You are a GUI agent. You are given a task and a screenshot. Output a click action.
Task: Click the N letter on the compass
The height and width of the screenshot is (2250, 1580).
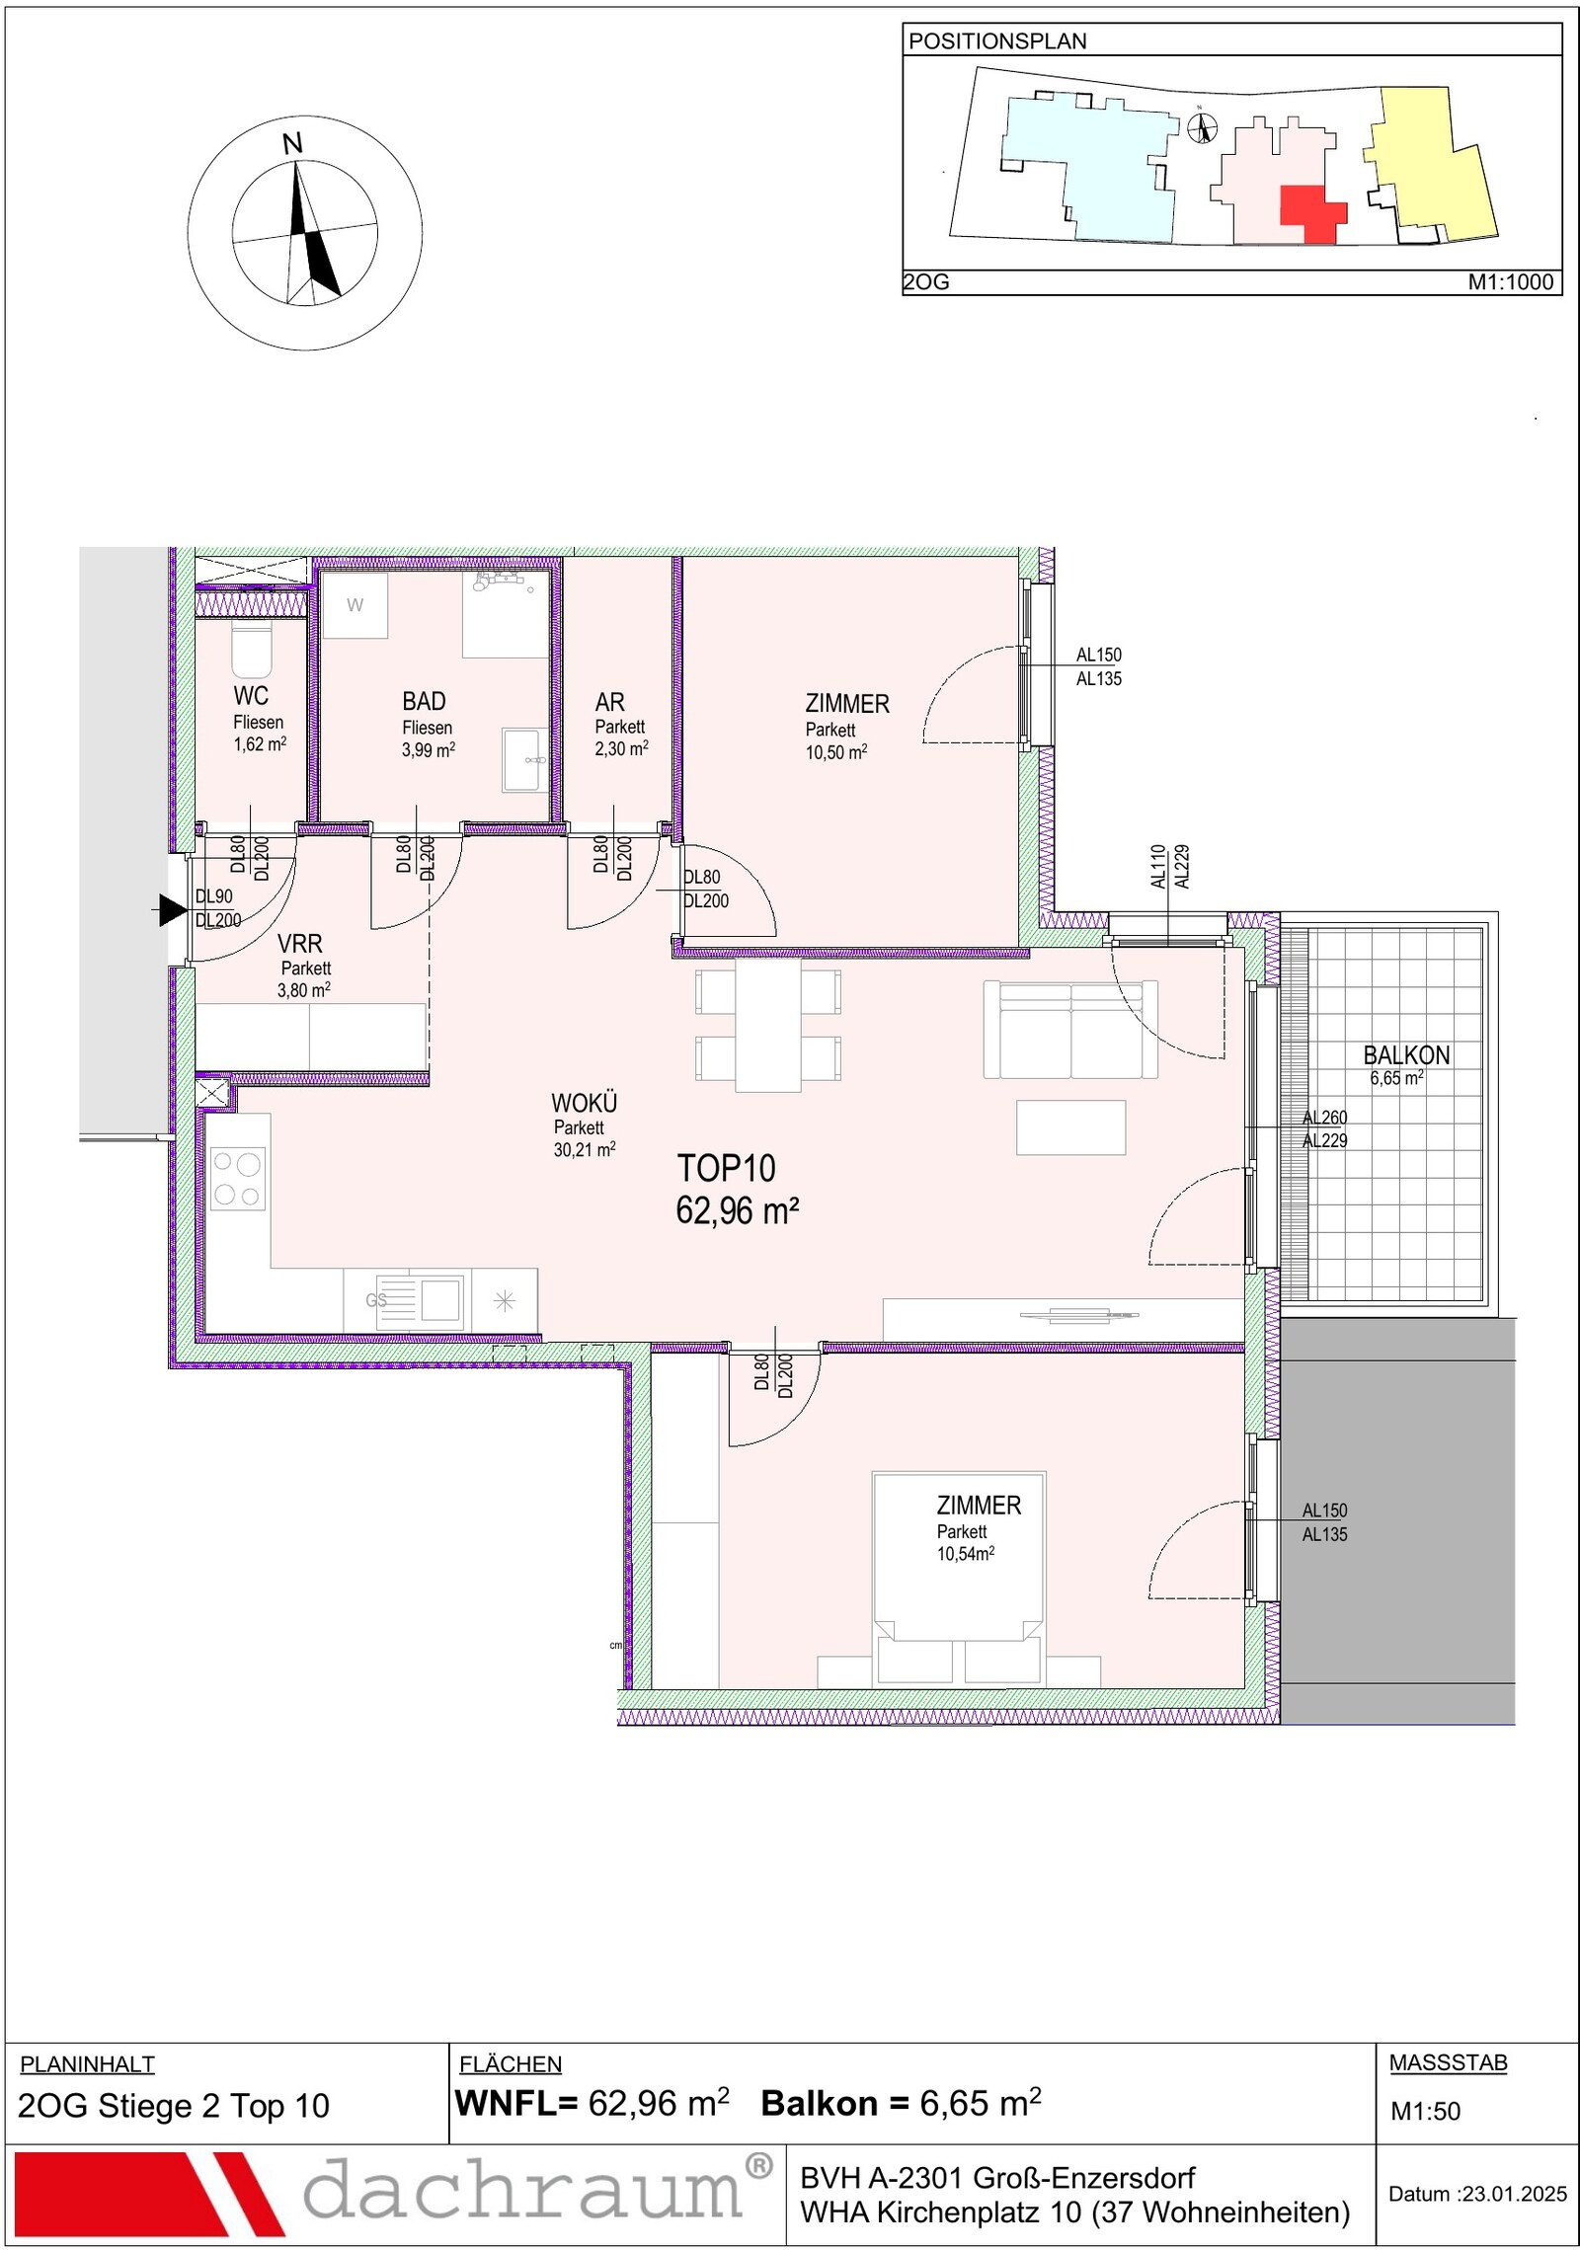[x=292, y=144]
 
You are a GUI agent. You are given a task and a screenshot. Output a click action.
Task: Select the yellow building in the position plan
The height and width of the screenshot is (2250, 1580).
[x=1433, y=163]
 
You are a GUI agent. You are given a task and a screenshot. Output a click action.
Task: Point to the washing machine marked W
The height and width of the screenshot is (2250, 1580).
[x=355, y=605]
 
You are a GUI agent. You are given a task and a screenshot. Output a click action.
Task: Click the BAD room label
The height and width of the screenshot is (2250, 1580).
[x=424, y=702]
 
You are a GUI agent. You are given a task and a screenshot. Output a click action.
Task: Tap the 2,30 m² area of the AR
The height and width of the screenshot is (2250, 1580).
[x=621, y=749]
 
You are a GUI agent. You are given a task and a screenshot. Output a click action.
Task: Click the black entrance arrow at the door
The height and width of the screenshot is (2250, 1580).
[x=173, y=909]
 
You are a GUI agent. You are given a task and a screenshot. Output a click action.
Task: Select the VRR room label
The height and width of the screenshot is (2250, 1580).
[x=300, y=944]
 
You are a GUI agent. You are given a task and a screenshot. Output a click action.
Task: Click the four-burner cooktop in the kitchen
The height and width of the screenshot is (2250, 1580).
[x=238, y=1178]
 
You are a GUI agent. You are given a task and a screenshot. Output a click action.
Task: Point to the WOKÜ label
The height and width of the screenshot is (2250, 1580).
[x=584, y=1103]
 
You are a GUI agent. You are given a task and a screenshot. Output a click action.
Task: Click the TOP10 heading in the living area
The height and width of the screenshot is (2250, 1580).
[x=726, y=1169]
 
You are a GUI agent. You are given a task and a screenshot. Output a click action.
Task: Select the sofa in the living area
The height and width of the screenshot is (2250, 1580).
[x=1070, y=1030]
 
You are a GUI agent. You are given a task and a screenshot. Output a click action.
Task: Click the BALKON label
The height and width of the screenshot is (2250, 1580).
[x=1406, y=1055]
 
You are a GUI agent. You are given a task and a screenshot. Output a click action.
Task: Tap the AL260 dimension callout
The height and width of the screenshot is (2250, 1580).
[x=1324, y=1118]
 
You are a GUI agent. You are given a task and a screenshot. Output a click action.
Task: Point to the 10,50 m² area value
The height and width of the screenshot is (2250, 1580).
[x=836, y=752]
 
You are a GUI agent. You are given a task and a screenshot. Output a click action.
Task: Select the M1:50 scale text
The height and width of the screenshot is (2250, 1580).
[x=1425, y=2111]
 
